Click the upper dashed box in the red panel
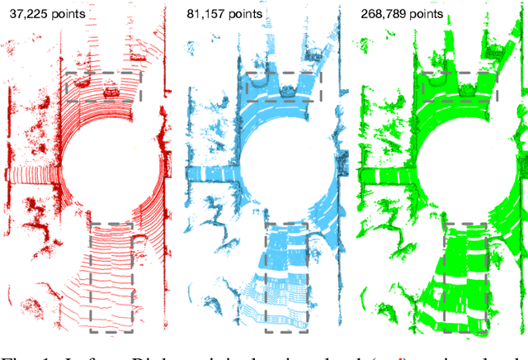point(102,87)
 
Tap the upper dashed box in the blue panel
point(283,87)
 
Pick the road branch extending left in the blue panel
point(206,174)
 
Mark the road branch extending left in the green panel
point(384,174)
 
